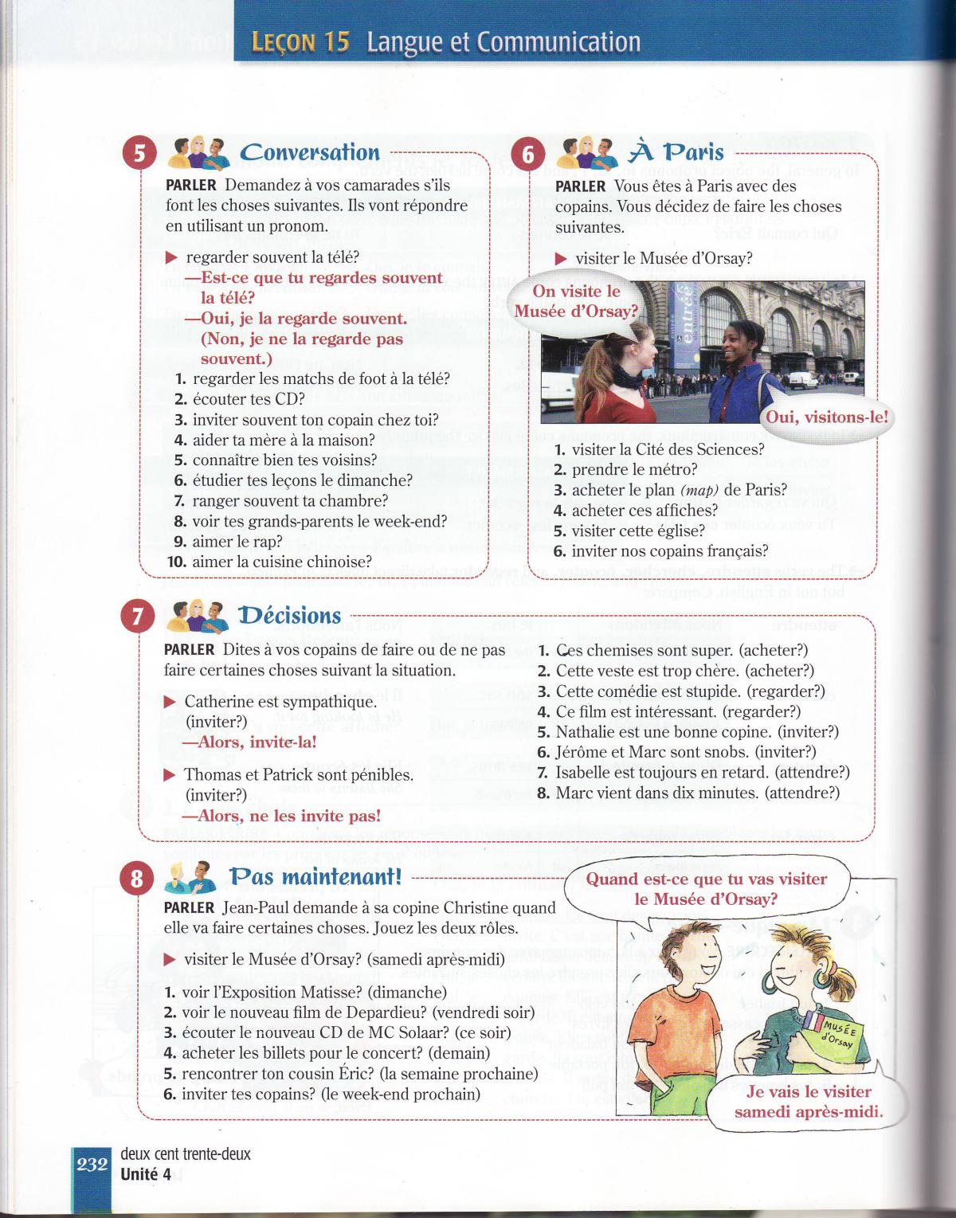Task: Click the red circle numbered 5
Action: (x=139, y=152)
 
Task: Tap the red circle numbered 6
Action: (x=527, y=153)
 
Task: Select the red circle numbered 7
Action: (x=138, y=616)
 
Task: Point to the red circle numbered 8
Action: (x=137, y=878)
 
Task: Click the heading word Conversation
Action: (x=309, y=152)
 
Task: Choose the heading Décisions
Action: (x=289, y=616)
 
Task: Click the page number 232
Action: (x=92, y=1165)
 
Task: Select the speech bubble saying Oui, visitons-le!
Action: (x=826, y=417)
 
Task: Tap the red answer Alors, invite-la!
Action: (x=250, y=742)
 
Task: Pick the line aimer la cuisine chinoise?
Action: (x=281, y=562)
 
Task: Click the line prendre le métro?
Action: (x=633, y=470)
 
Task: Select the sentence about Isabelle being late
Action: (x=702, y=772)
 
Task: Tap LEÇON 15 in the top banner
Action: (x=300, y=42)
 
